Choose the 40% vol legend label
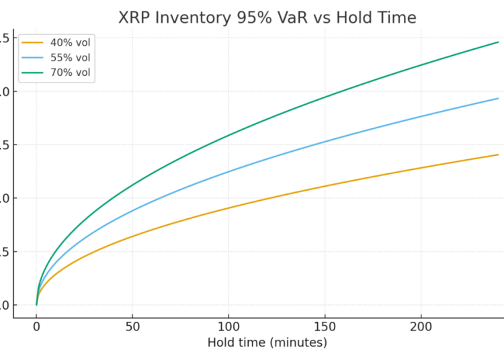(70, 43)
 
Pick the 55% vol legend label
(70, 58)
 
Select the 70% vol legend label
(70, 73)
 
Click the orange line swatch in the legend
(33, 43)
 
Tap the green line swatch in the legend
(33, 73)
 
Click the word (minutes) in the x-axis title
(296, 343)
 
